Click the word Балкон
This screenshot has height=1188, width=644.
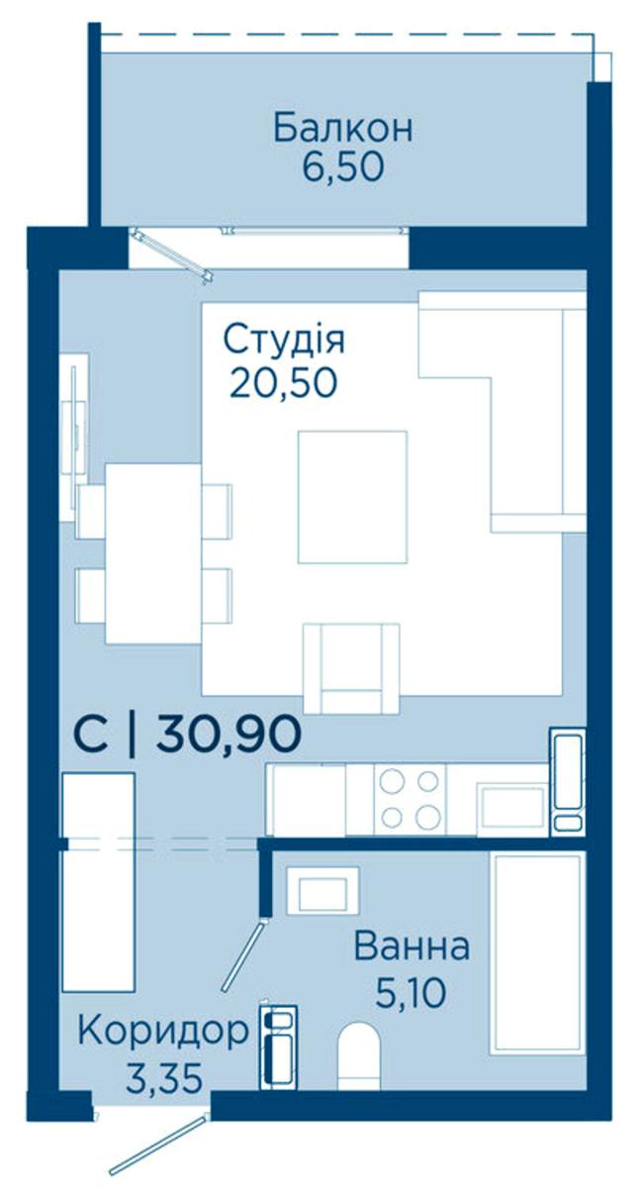click(x=342, y=128)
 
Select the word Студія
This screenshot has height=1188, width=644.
click(x=284, y=340)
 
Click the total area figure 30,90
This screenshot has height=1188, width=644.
click(x=229, y=734)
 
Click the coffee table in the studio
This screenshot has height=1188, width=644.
click(x=352, y=496)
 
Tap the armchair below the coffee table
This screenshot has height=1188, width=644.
click(x=351, y=668)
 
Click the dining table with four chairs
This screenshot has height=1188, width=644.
click(x=153, y=553)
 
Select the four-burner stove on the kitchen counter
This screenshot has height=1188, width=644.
click(x=410, y=800)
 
